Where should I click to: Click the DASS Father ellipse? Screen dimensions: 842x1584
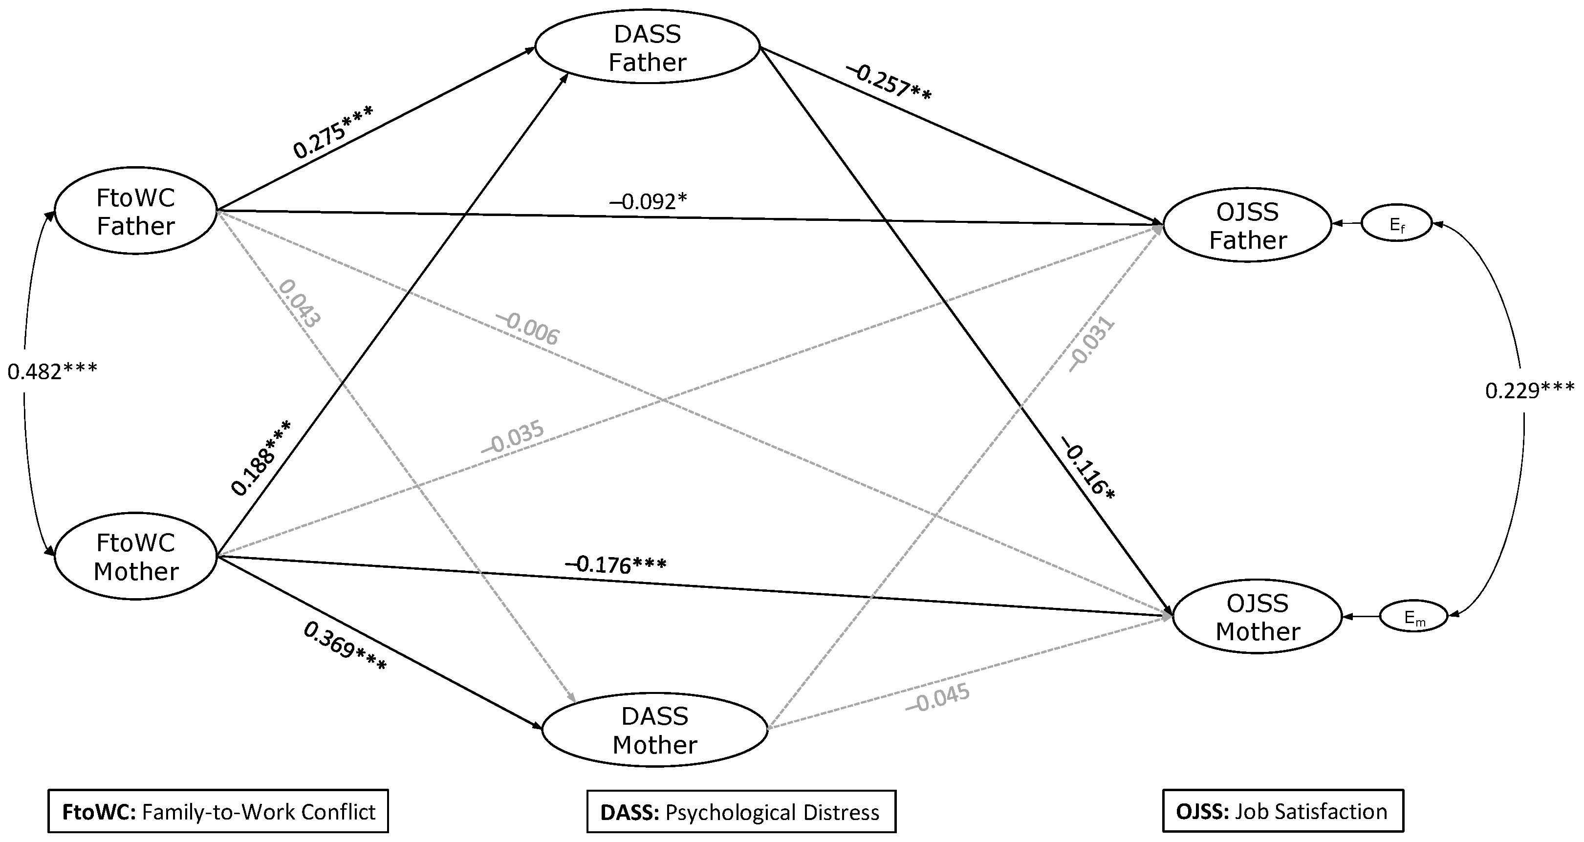point(648,47)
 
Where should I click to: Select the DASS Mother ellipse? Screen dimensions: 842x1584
point(655,730)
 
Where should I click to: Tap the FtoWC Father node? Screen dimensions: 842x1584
point(136,211)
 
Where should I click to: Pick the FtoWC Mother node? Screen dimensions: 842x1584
point(136,557)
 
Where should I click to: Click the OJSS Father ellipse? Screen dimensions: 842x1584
point(1248,226)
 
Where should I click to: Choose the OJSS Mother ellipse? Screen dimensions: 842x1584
point(1258,617)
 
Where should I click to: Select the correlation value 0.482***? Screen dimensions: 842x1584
point(52,371)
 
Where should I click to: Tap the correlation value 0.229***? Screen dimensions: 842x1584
point(1529,390)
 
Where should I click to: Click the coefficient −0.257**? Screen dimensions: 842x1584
point(889,83)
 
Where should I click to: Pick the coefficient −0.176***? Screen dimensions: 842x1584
point(615,564)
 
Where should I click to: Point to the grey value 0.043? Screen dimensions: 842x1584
point(300,304)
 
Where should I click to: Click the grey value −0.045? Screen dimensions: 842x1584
point(938,697)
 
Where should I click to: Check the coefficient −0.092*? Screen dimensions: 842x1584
point(648,201)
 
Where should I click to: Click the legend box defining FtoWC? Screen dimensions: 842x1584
point(218,811)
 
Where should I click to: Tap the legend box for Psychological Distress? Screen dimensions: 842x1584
point(741,812)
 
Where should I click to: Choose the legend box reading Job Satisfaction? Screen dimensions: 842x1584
point(1283,811)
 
